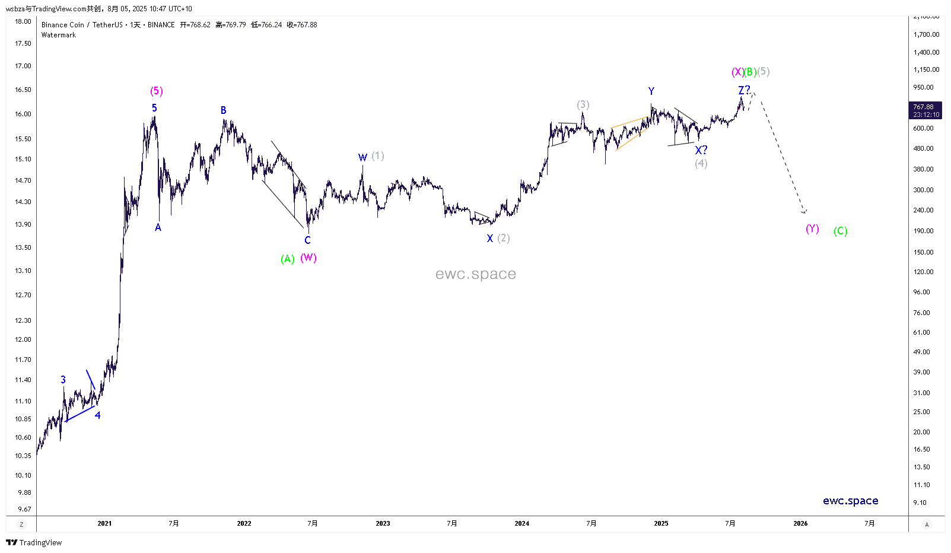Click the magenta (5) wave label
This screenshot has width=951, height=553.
pos(156,91)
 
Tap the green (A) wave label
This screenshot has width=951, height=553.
pos(288,259)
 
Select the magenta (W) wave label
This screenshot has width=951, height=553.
pos(308,258)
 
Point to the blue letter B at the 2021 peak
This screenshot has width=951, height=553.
pos(224,110)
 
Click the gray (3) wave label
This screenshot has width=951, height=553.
pos(583,105)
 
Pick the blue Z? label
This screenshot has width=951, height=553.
pos(744,90)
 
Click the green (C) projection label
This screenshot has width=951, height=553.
pos(840,231)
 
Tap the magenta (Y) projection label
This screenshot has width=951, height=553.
pos(812,228)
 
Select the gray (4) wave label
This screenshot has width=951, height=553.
pos(701,163)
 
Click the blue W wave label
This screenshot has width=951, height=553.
pos(362,158)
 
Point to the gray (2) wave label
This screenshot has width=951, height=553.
pos(504,238)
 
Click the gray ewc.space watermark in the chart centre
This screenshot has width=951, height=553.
pos(475,274)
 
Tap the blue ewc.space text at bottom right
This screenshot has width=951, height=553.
pos(850,501)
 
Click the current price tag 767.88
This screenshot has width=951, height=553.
pos(924,110)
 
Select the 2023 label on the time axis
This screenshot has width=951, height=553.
pos(383,523)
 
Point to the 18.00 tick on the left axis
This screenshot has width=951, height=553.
pos(23,21)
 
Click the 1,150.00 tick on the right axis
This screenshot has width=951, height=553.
pos(926,69)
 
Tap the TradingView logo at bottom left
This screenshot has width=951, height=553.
pos(34,542)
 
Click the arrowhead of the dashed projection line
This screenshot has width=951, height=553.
pos(804,212)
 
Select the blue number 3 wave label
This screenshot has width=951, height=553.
pos(63,380)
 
